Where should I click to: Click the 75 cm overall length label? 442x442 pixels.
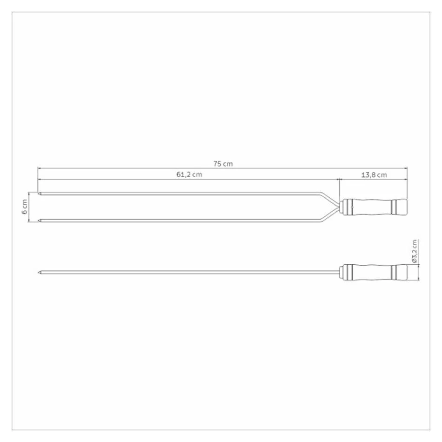[x=223, y=164]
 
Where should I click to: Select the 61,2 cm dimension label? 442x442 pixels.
[x=189, y=174]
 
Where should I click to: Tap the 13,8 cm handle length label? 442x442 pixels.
[x=374, y=175]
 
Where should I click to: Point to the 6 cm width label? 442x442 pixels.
[x=25, y=207]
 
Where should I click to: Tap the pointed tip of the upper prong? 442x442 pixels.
[x=38, y=194]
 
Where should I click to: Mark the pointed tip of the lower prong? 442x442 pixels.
[x=38, y=221]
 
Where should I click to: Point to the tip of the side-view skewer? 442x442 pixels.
[x=38, y=272]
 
